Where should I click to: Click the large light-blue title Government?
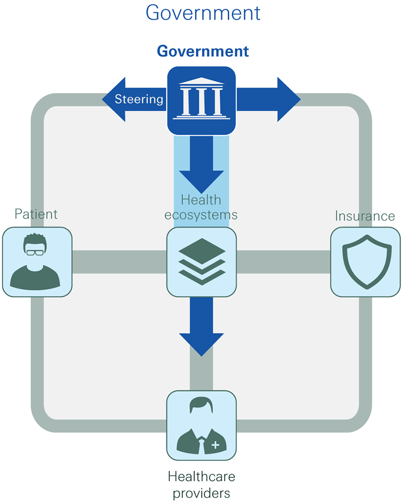coord(203,13)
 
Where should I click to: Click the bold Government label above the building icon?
coord(203,51)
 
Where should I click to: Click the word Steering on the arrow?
coord(139,99)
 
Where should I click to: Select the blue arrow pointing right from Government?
coord(270,99)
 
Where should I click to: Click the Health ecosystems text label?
coord(201,207)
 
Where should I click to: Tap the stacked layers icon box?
coord(201,261)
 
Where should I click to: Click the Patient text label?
coord(36,214)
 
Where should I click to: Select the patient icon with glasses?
coord(37,262)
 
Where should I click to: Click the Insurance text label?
coord(365,216)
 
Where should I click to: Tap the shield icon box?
coord(365,262)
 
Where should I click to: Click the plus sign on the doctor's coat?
coord(216,445)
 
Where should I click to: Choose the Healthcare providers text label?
coord(201,484)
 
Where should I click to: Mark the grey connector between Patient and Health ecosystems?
coord(119,262)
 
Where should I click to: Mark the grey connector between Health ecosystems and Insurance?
coord(283,262)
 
